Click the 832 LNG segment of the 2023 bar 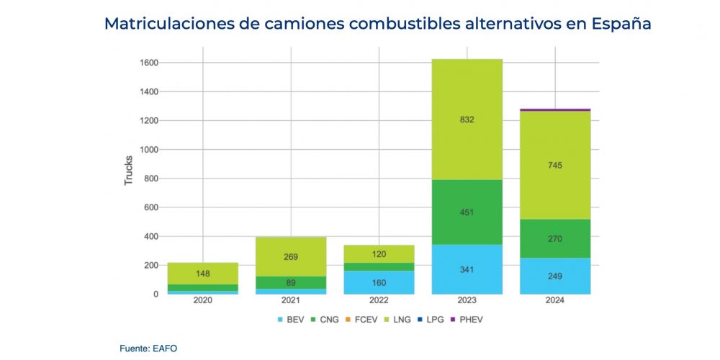click(x=467, y=120)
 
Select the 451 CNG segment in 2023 click(x=467, y=212)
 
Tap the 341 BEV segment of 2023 click(x=467, y=269)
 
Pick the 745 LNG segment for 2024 click(x=554, y=166)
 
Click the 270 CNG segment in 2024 click(x=554, y=238)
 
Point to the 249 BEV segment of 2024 click(x=554, y=276)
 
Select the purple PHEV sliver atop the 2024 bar click(x=554, y=109)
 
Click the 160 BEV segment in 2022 click(x=379, y=282)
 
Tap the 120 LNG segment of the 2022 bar click(x=379, y=254)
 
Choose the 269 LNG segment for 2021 click(x=291, y=257)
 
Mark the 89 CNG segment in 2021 click(x=291, y=282)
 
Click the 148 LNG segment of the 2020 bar click(x=203, y=274)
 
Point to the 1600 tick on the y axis click(x=148, y=63)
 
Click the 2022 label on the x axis click(x=379, y=300)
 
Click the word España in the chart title click(x=621, y=23)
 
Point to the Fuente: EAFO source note click(x=148, y=348)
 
